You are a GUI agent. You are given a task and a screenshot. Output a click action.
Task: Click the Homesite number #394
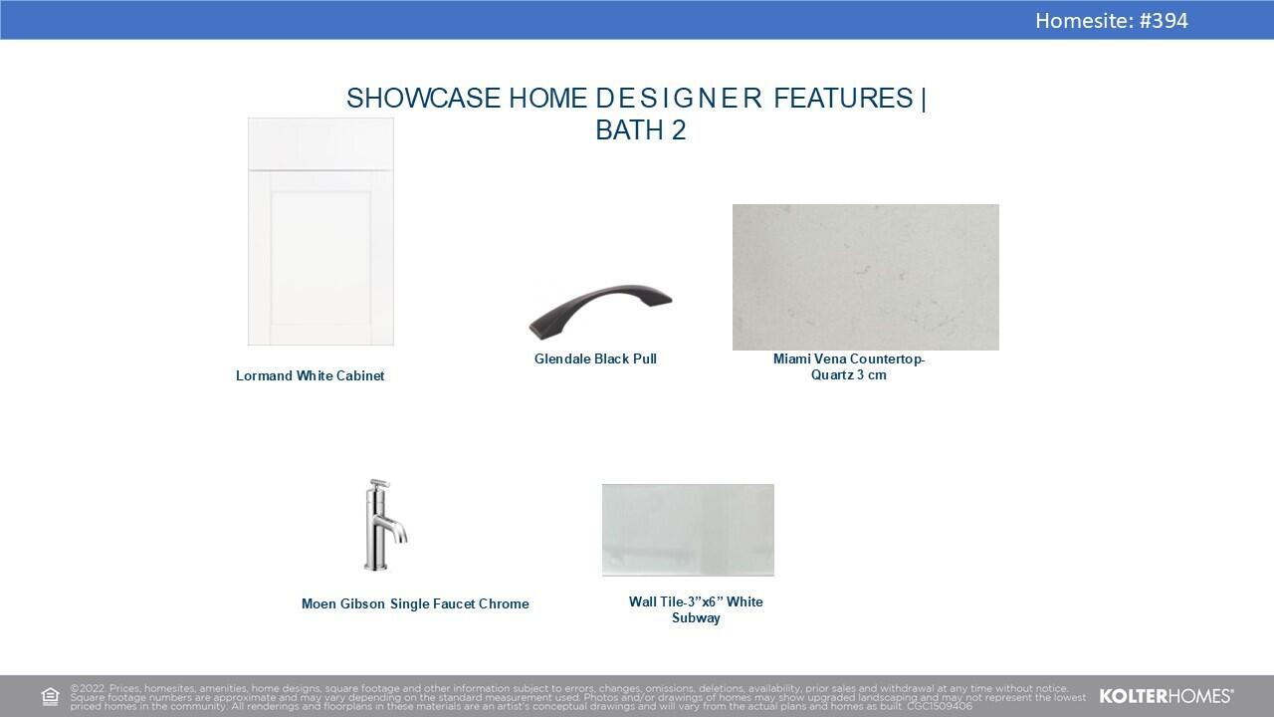click(1164, 21)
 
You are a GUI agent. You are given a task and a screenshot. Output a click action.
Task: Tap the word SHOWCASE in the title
click(423, 98)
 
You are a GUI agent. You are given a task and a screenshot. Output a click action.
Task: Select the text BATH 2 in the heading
click(640, 129)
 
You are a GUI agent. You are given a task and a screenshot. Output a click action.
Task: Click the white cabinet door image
click(320, 231)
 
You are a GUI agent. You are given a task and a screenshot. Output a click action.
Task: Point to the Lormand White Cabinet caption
click(310, 375)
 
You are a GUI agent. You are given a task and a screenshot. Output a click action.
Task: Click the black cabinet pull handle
click(599, 309)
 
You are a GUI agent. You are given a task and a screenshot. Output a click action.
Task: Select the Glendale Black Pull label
click(595, 359)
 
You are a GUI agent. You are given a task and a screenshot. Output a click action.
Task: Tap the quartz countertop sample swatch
click(866, 277)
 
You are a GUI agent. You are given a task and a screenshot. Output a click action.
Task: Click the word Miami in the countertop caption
click(791, 359)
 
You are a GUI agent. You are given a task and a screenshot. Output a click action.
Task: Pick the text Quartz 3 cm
click(849, 375)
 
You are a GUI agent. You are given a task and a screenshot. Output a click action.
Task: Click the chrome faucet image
click(385, 525)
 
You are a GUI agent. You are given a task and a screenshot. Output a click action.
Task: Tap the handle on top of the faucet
click(379, 484)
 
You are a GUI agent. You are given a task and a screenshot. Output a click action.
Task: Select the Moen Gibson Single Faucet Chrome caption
click(415, 603)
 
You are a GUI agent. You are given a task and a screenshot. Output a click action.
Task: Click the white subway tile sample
click(688, 530)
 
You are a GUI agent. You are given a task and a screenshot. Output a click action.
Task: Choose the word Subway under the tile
click(696, 618)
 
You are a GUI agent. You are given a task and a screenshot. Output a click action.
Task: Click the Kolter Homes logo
click(1166, 696)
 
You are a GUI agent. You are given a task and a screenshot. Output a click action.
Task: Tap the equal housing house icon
click(50, 696)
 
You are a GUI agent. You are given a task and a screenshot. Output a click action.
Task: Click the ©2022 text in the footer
click(88, 688)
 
